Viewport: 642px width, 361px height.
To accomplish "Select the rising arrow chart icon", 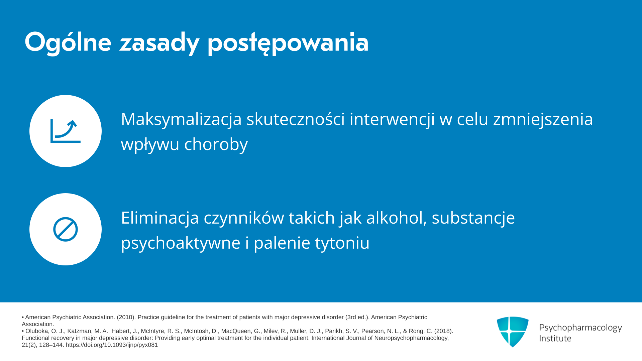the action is pos(66,131).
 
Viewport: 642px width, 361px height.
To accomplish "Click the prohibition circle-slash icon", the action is pos(66,229).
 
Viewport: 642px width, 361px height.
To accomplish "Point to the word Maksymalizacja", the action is pos(181,120).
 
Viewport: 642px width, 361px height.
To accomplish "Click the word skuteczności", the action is pos(296,119).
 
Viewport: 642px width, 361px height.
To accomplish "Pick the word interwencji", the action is pos(392,120).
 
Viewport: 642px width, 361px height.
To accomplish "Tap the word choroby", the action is pos(216,145).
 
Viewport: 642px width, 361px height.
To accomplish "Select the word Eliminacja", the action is pos(160,218).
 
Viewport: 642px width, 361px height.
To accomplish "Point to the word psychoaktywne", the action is pos(181,243).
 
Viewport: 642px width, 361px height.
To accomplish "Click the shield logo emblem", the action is pos(513,332).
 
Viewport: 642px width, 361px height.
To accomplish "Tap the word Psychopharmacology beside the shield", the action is pos(580,328).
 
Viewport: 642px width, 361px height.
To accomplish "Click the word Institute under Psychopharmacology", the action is pos(555,339).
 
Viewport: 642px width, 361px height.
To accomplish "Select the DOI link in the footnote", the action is pos(112,345).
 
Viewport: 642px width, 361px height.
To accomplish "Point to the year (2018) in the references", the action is pos(444,331).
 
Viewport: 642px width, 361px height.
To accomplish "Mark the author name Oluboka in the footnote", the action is pos(37,331).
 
